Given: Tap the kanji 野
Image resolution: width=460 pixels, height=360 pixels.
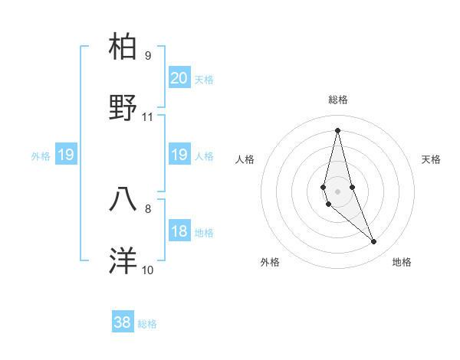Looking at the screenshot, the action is click(x=123, y=108).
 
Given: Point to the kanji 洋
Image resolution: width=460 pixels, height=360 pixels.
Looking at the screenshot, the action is click(x=123, y=260).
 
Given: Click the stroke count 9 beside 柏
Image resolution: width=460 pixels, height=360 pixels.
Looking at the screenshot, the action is click(x=148, y=55).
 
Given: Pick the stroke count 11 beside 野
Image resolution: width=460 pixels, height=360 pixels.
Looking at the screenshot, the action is click(x=148, y=117).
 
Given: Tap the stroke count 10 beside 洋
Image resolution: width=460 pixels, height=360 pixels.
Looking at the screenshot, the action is click(x=148, y=270).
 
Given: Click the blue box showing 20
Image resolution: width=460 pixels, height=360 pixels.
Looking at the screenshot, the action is click(x=179, y=78).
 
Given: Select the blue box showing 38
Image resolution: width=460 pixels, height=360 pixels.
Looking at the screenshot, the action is click(x=123, y=322).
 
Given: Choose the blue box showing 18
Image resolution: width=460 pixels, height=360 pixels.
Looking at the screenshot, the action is click(x=179, y=231).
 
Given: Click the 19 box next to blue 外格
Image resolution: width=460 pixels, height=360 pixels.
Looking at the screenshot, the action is click(x=66, y=155).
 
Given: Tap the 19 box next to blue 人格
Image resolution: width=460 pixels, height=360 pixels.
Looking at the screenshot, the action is click(x=179, y=155).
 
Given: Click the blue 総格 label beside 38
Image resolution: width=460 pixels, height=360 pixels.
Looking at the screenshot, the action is click(x=147, y=324).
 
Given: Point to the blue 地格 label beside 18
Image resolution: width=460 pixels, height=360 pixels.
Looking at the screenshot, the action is click(x=204, y=233).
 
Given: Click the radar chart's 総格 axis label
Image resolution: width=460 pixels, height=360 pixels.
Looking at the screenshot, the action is click(x=338, y=100).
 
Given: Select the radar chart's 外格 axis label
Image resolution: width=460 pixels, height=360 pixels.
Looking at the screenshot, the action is click(x=270, y=262).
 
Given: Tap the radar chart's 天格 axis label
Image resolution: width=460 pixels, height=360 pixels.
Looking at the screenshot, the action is click(x=432, y=159).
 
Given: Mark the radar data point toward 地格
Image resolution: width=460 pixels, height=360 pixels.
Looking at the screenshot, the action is click(x=374, y=242).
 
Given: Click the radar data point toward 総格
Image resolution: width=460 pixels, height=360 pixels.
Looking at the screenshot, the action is click(x=338, y=130).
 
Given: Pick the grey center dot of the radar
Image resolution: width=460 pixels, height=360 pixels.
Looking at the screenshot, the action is click(x=338, y=191).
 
